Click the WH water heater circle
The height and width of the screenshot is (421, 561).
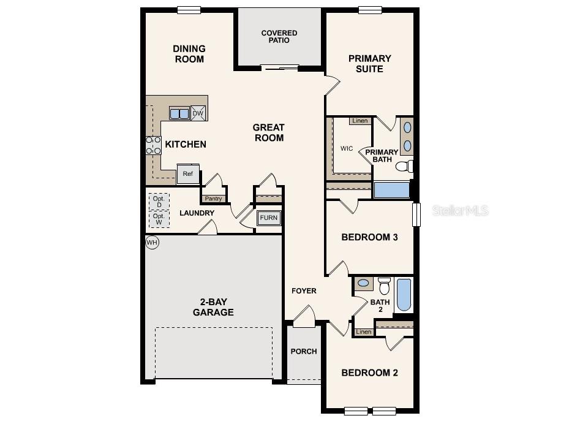click(x=152, y=243)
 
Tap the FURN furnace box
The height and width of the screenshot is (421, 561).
click(x=268, y=218)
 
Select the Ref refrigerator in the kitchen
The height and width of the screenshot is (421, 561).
click(x=188, y=174)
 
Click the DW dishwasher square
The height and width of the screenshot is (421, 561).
click(x=198, y=113)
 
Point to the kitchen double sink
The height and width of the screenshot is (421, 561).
click(x=179, y=113)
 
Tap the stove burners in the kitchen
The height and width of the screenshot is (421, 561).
click(x=153, y=145)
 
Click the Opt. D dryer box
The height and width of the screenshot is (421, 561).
click(x=159, y=202)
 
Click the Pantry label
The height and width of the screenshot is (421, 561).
click(x=213, y=199)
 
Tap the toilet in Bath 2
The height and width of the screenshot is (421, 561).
click(x=385, y=286)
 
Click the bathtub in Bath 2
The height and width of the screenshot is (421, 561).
click(x=404, y=295)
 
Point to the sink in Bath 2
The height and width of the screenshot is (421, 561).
click(x=363, y=283)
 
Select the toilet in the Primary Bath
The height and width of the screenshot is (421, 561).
click(x=404, y=166)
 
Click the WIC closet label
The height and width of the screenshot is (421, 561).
click(x=347, y=148)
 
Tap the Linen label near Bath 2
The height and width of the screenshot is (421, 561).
click(x=364, y=332)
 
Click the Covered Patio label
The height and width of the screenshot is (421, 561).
click(x=279, y=37)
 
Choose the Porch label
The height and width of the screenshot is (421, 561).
click(x=304, y=351)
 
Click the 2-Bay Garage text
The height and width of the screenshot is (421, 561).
click(x=213, y=307)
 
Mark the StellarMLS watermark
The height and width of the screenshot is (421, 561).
click(x=461, y=210)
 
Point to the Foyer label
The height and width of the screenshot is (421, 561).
click(x=304, y=290)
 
